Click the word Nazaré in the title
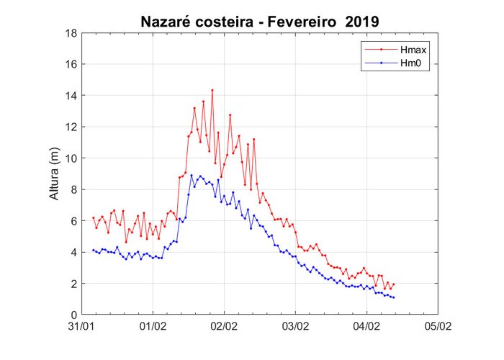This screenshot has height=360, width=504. pos(169,22)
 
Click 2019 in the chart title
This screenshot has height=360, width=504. pos(357,22)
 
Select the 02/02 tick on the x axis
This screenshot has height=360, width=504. pos(224,326)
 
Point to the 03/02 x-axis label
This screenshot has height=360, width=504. pos(295,326)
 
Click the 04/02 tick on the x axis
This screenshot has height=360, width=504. pos(366,326)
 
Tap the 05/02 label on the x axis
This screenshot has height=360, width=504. pos(436,326)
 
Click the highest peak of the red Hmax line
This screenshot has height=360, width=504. pos(212,90)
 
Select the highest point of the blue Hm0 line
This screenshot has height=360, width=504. pos(192,176)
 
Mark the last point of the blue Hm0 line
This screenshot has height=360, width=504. pos(394,297)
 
